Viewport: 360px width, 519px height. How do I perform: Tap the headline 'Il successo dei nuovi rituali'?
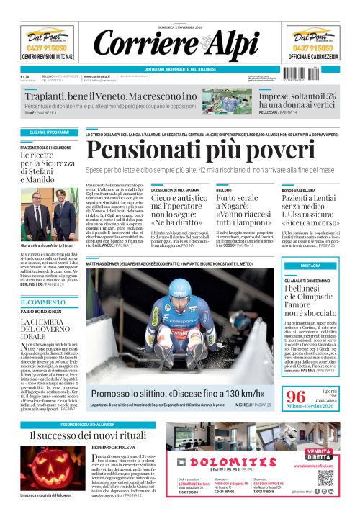click(89, 436)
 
